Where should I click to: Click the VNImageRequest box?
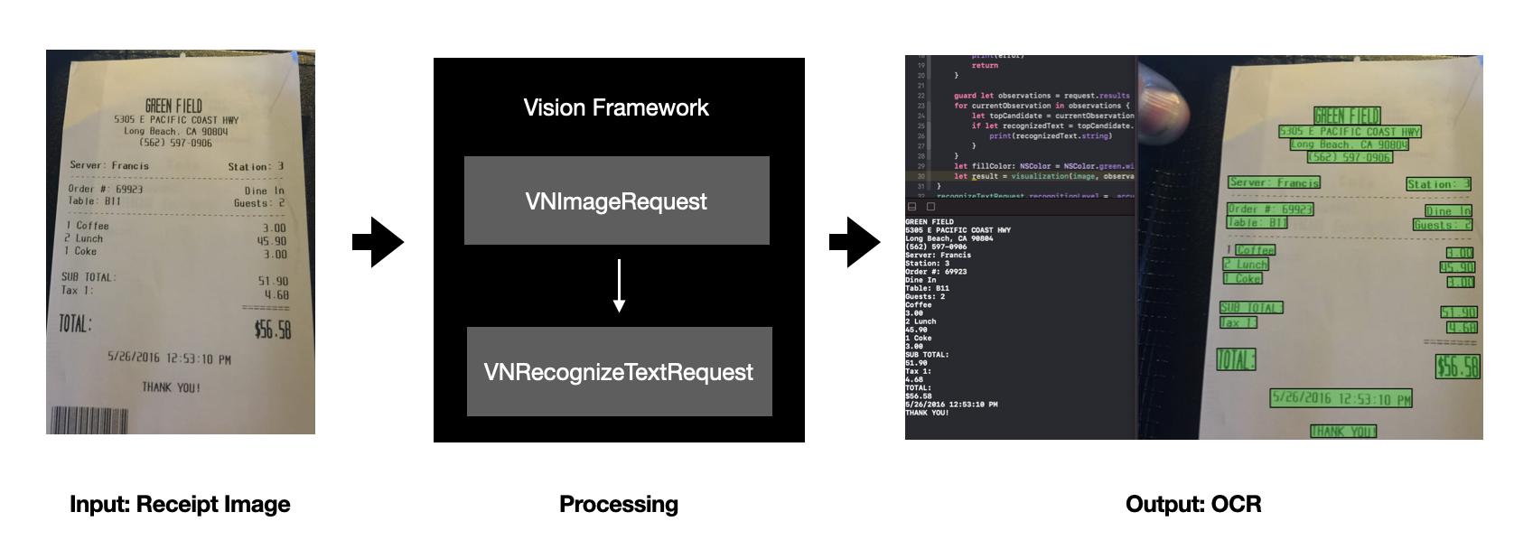click(616, 200)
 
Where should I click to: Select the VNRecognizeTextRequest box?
click(619, 371)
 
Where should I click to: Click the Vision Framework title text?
click(616, 108)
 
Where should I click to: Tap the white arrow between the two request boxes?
click(619, 285)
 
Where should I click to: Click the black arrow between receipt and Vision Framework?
click(378, 241)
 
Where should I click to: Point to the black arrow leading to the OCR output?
click(854, 241)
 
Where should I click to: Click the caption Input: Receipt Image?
click(180, 504)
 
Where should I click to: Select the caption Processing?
click(619, 504)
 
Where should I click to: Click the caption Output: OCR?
click(1193, 504)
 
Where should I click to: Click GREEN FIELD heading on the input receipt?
click(173, 106)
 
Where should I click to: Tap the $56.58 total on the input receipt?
click(272, 329)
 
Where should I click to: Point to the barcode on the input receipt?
click(89, 420)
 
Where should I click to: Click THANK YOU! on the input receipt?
click(171, 387)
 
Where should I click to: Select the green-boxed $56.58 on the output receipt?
click(1457, 366)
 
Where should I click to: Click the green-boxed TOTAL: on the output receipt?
click(1236, 359)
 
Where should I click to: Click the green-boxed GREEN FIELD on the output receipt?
click(1347, 116)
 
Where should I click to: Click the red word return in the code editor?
click(985, 65)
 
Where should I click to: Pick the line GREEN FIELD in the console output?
click(930, 221)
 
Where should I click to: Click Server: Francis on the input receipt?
click(109, 165)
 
